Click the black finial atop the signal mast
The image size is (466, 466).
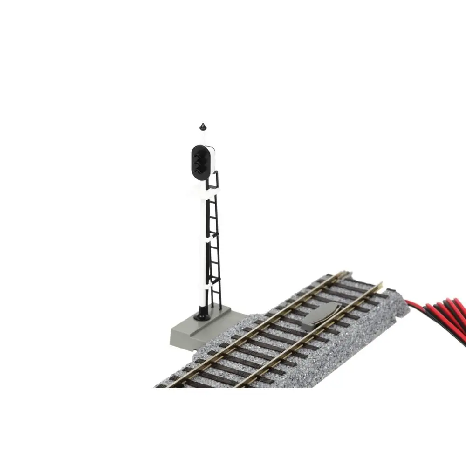click(203, 127)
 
